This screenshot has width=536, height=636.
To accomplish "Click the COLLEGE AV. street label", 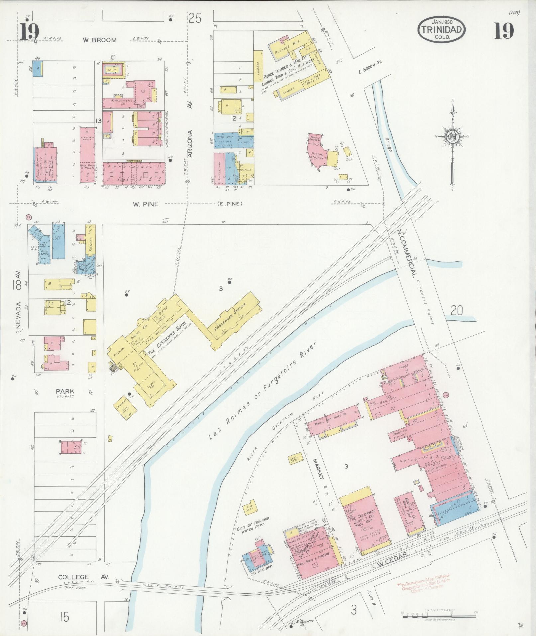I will click(x=73, y=577).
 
